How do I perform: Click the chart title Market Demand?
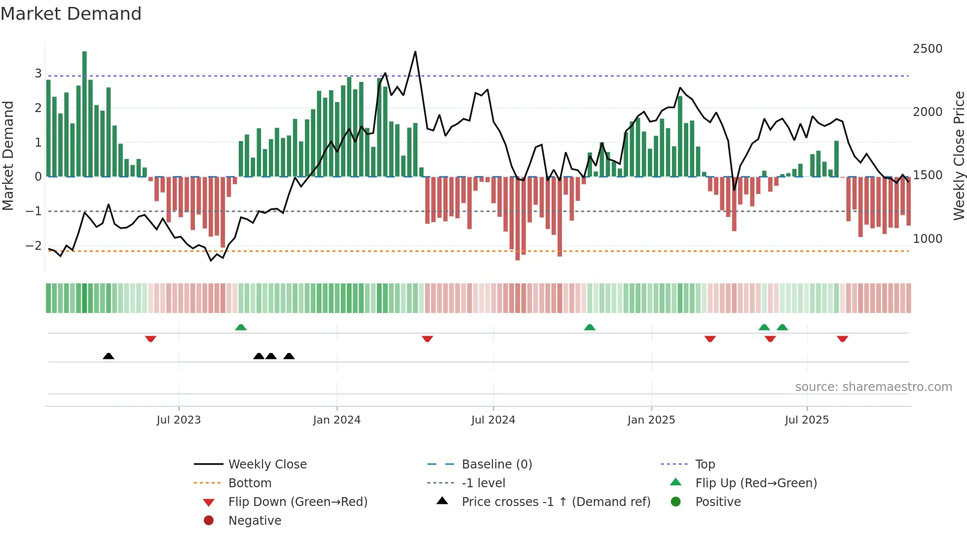(71, 14)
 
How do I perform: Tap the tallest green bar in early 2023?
(84, 114)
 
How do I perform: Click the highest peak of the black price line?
(415, 52)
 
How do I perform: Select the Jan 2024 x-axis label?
(336, 420)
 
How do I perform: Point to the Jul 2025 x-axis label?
(807, 420)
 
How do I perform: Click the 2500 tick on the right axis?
(928, 49)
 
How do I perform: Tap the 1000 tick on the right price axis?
(928, 239)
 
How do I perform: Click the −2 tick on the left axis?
(34, 246)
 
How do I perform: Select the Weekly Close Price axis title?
(959, 155)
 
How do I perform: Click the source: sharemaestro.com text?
(873, 387)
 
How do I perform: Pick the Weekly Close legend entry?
(267, 465)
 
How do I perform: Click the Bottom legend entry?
(250, 483)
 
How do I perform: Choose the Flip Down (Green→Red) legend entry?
(298, 502)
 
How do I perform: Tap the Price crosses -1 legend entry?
(556, 502)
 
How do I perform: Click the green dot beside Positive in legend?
(676, 502)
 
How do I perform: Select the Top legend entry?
(705, 465)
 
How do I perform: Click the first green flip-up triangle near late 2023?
(241, 327)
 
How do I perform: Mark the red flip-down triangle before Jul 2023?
(150, 339)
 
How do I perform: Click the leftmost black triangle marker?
(109, 356)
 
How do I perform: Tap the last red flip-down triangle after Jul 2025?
(842, 339)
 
